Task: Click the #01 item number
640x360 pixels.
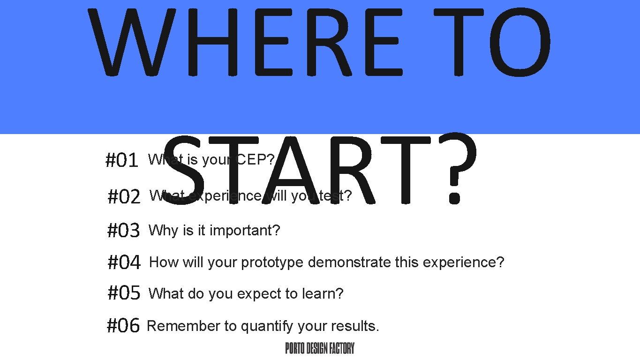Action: point(121,161)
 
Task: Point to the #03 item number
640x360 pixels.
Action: point(124,231)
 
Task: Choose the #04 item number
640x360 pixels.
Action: point(124,262)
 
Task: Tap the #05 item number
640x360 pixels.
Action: point(124,294)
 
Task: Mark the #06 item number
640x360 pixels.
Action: point(123,326)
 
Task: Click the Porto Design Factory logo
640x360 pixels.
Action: point(320,348)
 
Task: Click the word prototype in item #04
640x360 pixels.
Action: point(272,262)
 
